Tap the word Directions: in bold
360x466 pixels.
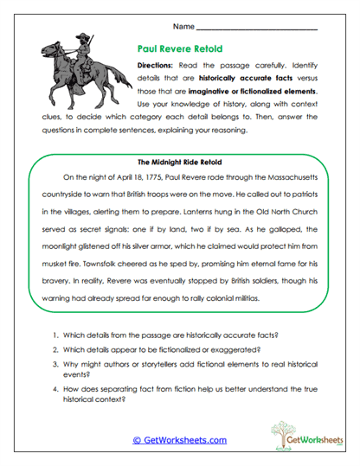click(x=157, y=66)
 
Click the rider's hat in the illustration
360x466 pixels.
click(x=80, y=39)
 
